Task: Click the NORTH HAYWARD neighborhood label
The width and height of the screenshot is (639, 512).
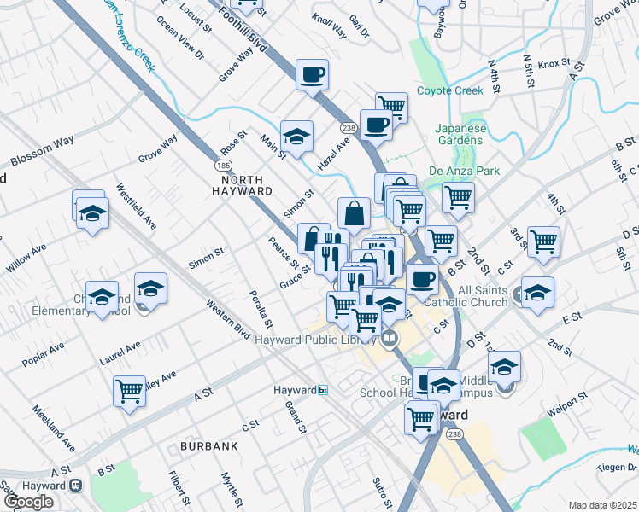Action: pos(247,185)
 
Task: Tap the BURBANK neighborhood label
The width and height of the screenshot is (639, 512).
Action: pos(208,446)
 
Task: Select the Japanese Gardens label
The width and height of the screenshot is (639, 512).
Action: pos(460,135)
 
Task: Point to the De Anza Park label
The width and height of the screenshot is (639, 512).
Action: pos(464,171)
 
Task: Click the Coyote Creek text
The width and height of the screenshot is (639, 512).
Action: pos(450,91)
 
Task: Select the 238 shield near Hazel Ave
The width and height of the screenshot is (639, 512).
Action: pos(348,127)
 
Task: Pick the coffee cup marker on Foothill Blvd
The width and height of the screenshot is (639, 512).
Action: pos(312,74)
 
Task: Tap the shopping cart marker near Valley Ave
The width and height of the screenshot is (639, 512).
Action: pos(129,391)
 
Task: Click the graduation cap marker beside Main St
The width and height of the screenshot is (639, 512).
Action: pos(296,136)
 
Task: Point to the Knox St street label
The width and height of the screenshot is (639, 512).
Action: pos(553,63)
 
